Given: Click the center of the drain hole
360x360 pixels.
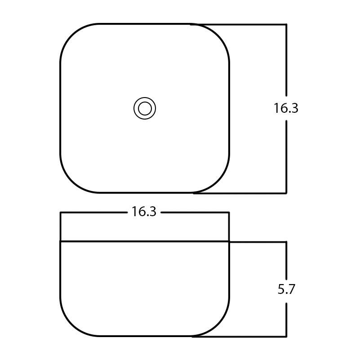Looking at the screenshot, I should [145, 109].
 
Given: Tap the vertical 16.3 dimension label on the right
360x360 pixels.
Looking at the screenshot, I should [286, 108].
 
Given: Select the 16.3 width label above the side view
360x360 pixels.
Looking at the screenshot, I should [144, 212].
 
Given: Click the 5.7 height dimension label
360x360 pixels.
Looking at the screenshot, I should [286, 289].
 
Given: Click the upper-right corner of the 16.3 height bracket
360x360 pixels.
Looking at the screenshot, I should [286, 24].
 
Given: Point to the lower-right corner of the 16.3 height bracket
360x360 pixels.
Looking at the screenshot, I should [286, 193].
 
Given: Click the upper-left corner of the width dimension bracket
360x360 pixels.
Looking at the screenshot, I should [61, 212].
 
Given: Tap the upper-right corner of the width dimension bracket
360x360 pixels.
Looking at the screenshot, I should [229, 212].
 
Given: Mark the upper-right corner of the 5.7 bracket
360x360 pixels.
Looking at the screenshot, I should [286, 242].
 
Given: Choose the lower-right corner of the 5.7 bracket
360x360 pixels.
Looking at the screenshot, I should [286, 336].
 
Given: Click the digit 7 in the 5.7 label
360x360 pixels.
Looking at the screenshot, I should [291, 289].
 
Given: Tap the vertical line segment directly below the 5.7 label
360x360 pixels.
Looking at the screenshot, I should [286, 319].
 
